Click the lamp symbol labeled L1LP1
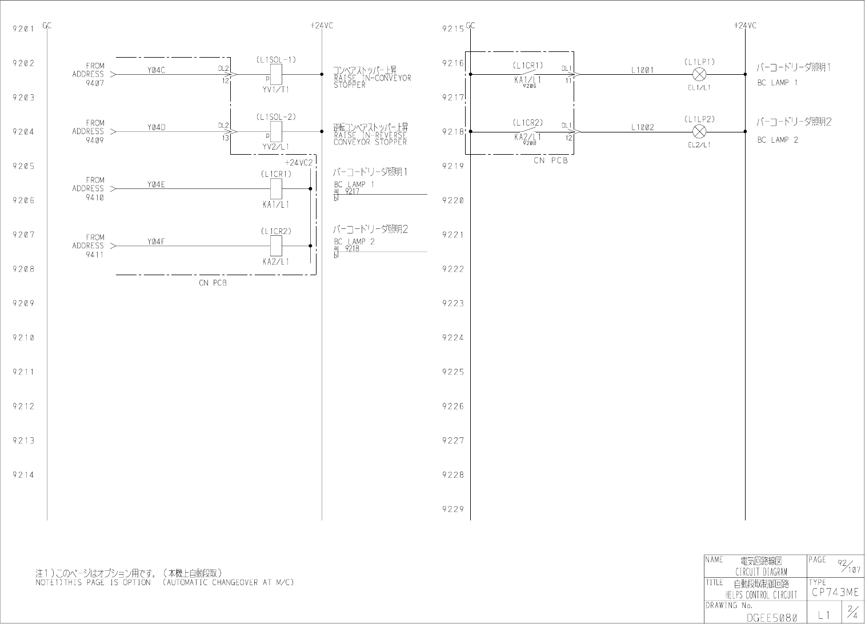[x=699, y=74]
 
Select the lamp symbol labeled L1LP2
[x=699, y=132]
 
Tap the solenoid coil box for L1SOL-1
[x=276, y=74]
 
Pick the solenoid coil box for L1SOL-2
[x=276, y=131]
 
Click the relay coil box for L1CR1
[x=276, y=188]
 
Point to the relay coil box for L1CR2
[x=276, y=246]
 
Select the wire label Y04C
[x=156, y=70]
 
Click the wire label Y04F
[x=156, y=242]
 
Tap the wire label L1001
[x=642, y=70]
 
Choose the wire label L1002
[x=642, y=128]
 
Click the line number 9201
[x=23, y=29]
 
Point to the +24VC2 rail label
[x=299, y=163]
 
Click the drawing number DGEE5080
[x=771, y=617]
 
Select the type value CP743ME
[x=835, y=593]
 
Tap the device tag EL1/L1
[x=699, y=87]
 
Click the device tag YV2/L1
[x=276, y=147]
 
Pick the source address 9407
[x=95, y=83]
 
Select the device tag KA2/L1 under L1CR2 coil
[x=276, y=261]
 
